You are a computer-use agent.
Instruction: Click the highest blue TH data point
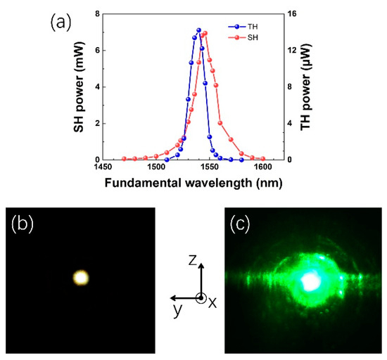pyautogui.click(x=199, y=30)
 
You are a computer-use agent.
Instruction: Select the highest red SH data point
pyautogui.click(x=204, y=33)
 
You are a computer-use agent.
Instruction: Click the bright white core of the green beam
pyautogui.click(x=310, y=281)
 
